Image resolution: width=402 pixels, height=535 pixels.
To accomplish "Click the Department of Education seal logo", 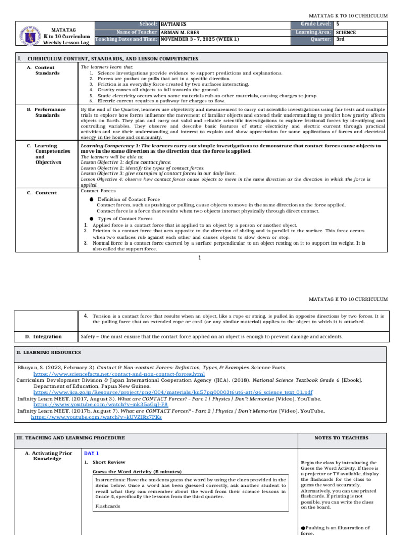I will (x=26, y=32).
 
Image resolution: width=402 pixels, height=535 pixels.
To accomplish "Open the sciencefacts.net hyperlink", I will (x=119, y=375).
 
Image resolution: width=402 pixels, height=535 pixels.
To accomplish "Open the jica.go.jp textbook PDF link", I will (x=173, y=391).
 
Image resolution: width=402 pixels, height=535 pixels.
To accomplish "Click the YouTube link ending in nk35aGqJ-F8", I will (x=100, y=404).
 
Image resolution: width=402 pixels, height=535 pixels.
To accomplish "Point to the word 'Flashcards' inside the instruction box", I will (x=107, y=506).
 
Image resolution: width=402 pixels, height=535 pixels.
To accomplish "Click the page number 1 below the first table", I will (x=200, y=258).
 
